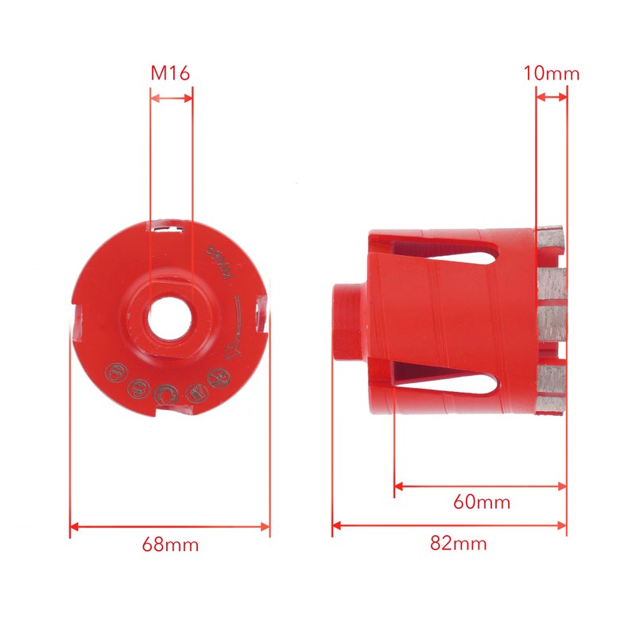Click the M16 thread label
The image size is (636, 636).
(170, 74)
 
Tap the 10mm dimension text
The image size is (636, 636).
(551, 74)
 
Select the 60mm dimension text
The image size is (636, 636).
(481, 502)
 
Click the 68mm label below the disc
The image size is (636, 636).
(170, 545)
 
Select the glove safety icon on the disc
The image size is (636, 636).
(192, 390)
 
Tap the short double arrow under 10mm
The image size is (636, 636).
(551, 97)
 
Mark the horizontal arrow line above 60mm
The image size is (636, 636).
(480, 486)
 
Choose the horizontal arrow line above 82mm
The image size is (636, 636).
(449, 525)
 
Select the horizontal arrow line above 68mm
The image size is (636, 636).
(170, 525)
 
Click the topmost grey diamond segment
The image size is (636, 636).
(551, 235)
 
